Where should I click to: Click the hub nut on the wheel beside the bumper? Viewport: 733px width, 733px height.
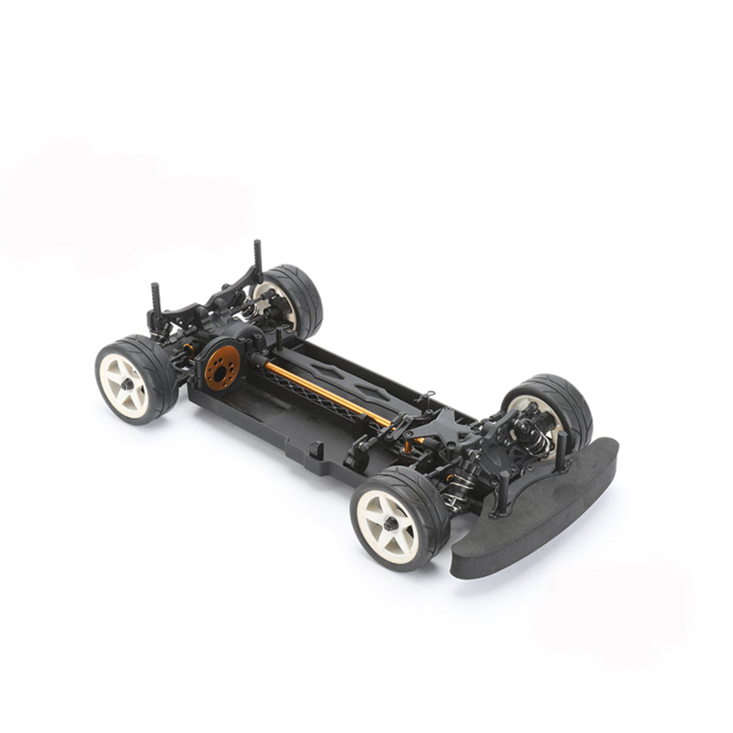(x=392, y=524)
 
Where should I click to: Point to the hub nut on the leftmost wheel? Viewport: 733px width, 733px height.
(x=126, y=383)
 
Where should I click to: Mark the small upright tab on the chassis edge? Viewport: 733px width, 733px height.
(x=317, y=447)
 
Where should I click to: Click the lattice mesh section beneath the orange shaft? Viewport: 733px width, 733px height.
(x=309, y=394)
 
